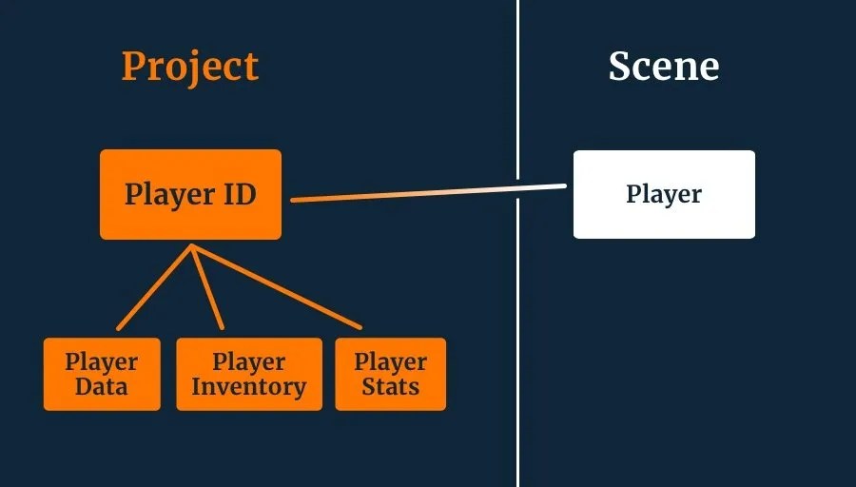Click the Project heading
[x=190, y=68]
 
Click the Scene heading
[x=664, y=67]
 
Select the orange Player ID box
[x=190, y=194]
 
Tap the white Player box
[x=664, y=194]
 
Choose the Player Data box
[x=102, y=374]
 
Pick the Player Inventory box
[x=248, y=374]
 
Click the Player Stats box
[x=390, y=374]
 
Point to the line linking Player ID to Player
[x=428, y=193]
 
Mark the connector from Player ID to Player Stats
[x=276, y=287]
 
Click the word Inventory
[x=248, y=387]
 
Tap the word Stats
[x=390, y=387]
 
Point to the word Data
[x=102, y=387]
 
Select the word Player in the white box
[x=664, y=194]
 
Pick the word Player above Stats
[x=390, y=361]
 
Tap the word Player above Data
[x=102, y=361]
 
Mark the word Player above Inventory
[x=248, y=361]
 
